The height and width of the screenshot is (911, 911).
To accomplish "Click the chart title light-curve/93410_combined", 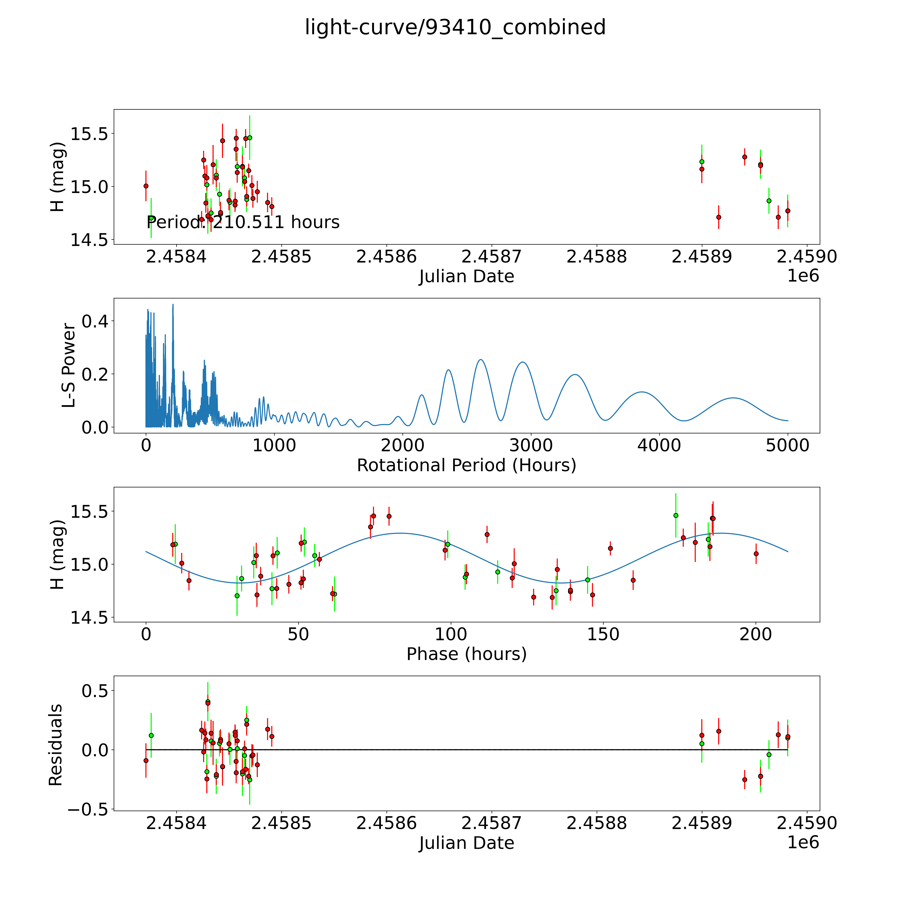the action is [455, 27].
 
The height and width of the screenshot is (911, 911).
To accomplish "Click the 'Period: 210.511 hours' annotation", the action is [243, 222].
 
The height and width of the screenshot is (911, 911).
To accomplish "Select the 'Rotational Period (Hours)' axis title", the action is [466, 465].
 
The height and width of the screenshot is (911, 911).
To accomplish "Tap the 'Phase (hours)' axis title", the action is [466, 654].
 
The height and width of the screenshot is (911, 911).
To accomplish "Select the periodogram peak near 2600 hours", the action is [480, 360].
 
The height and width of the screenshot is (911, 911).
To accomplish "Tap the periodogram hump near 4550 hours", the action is [734, 398].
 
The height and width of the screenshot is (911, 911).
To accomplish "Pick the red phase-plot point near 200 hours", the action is [756, 554].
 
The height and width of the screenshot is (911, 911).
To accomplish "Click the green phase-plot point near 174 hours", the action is [676, 515].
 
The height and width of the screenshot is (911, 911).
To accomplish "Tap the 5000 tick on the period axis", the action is [788, 445].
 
